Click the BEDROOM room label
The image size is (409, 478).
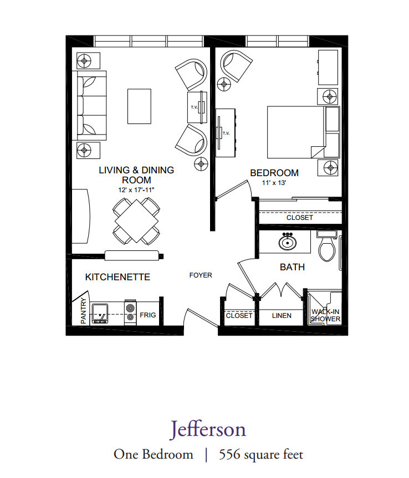[274, 173]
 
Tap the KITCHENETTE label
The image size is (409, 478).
[117, 277]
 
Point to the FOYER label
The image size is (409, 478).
[201, 275]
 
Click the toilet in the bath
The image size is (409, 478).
[326, 246]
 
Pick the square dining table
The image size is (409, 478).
[136, 221]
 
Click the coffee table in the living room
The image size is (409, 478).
[139, 106]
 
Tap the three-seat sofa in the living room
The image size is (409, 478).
[89, 105]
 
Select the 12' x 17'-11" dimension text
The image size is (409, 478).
[136, 190]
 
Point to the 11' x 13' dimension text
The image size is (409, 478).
[274, 183]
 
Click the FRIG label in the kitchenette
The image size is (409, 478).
[147, 315]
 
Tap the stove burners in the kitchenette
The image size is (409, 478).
[130, 312]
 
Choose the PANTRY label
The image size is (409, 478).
[83, 310]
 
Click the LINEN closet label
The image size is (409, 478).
[282, 316]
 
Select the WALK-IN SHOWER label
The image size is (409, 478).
[325, 315]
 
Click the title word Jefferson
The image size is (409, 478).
[208, 429]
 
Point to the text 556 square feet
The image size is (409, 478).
[261, 454]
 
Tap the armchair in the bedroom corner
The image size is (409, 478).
[236, 66]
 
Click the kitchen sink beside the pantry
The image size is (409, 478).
[100, 313]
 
